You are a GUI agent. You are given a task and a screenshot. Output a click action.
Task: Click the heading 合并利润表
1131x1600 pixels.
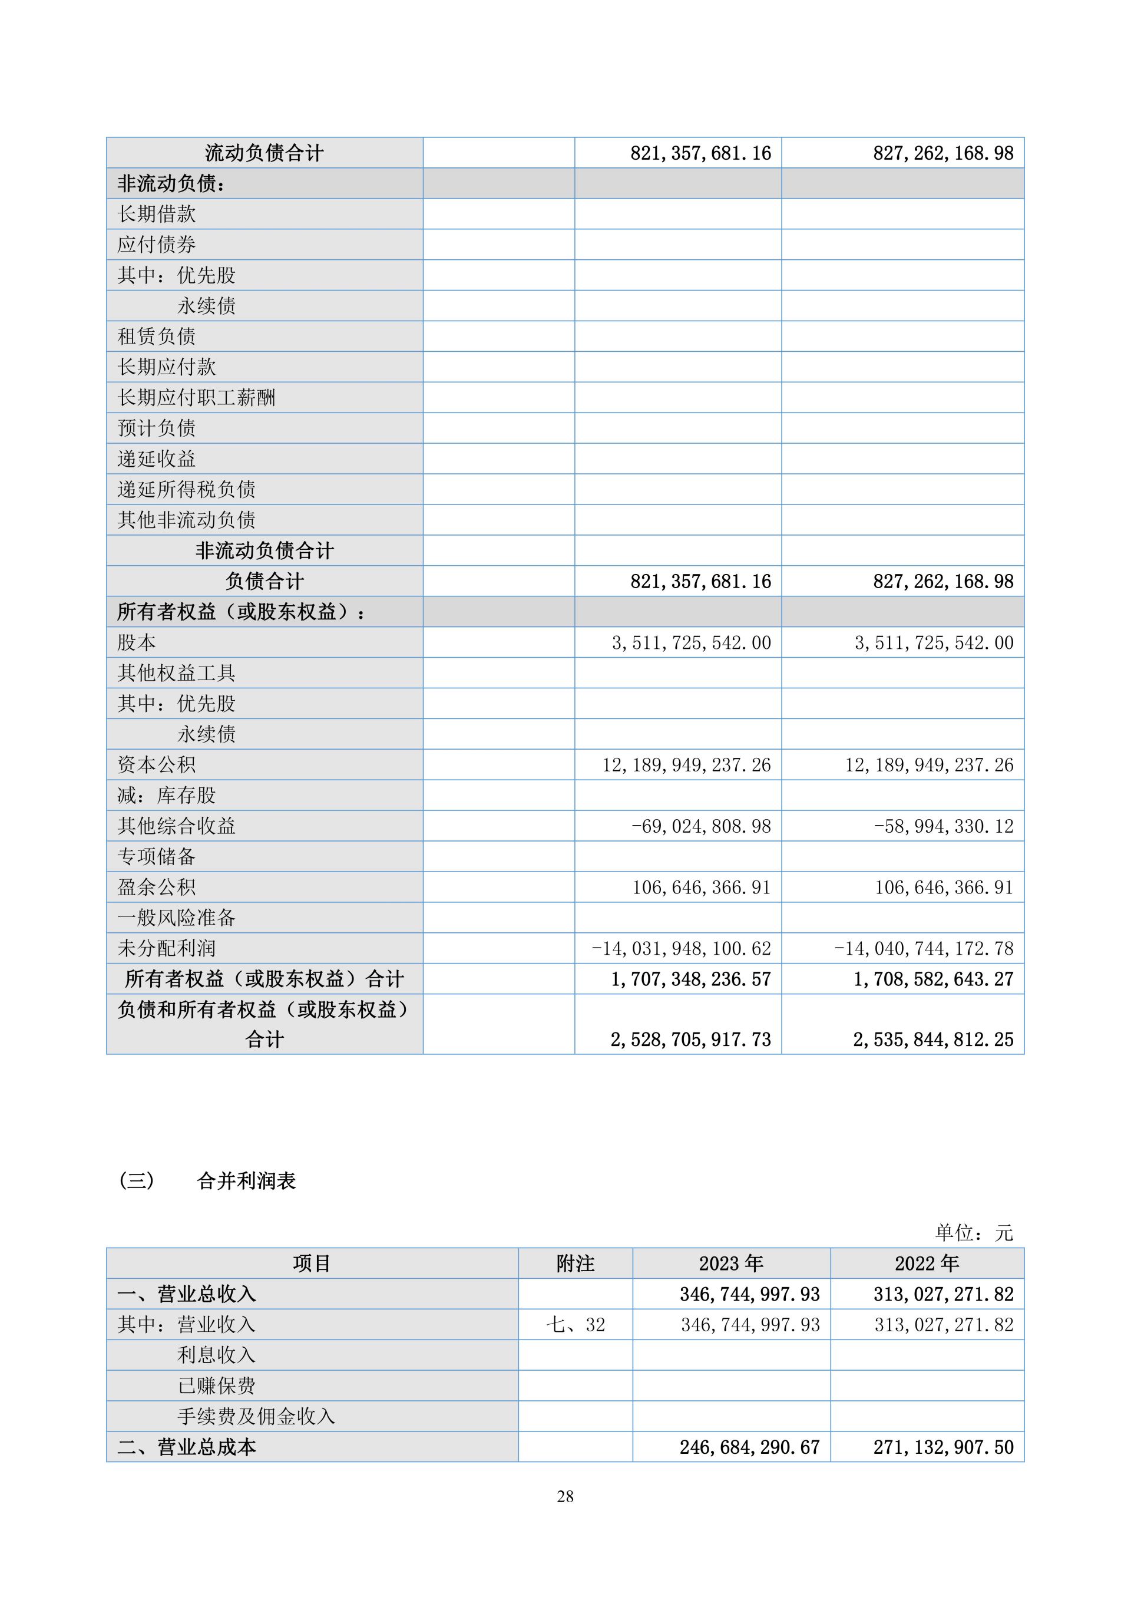[x=247, y=1180]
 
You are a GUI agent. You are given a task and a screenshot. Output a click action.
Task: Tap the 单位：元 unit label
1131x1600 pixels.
[x=973, y=1233]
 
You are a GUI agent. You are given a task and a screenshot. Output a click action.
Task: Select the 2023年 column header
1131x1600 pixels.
[x=730, y=1263]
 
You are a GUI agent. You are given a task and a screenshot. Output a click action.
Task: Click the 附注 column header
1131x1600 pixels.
[x=576, y=1263]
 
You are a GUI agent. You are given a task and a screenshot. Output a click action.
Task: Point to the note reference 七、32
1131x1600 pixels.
[x=576, y=1324]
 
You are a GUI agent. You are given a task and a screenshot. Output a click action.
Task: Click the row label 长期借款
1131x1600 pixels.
[x=157, y=214]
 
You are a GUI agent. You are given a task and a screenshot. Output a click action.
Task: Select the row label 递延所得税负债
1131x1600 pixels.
[x=186, y=489]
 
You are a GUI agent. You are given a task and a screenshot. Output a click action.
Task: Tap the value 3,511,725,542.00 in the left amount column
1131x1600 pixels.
[x=691, y=642]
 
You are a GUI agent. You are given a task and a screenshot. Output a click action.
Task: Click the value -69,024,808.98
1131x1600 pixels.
[x=700, y=826]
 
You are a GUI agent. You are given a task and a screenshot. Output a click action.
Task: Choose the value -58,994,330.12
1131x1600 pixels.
[x=943, y=826]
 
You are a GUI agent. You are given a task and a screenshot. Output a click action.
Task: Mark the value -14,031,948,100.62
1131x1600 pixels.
[x=681, y=948]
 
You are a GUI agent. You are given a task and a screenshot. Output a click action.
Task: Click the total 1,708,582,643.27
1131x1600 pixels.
[x=933, y=979]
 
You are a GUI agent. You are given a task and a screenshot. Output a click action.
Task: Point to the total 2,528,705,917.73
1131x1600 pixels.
[x=690, y=1040]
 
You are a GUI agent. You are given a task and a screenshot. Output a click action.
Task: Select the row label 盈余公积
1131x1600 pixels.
[x=157, y=887]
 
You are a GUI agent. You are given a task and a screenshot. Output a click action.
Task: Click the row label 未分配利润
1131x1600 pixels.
[x=167, y=948]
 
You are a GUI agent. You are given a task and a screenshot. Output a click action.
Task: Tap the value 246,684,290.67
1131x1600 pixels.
[x=749, y=1447]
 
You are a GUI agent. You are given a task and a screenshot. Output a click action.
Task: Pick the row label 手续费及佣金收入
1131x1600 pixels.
[x=256, y=1416]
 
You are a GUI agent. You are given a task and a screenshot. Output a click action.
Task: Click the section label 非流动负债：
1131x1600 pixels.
[x=171, y=183]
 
